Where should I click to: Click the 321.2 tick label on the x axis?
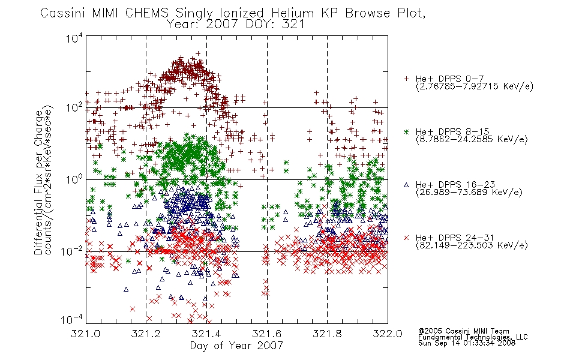[x=146, y=334]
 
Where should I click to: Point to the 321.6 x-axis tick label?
[x=267, y=334]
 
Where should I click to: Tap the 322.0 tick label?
[x=388, y=334]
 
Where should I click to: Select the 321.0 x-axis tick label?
[x=86, y=334]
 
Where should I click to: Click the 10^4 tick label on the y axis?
[x=74, y=38]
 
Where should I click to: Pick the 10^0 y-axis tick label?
[x=74, y=179]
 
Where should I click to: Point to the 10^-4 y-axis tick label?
[x=71, y=319]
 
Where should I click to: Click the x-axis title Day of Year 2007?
[x=236, y=346]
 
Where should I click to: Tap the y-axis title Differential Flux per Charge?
[x=38, y=182]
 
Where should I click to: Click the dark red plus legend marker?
[x=406, y=79]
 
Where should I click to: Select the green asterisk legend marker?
[x=406, y=131]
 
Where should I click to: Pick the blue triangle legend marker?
[x=406, y=185]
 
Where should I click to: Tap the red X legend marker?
[x=406, y=238]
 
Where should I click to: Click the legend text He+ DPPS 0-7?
[x=449, y=79]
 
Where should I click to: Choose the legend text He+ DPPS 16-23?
[x=455, y=185]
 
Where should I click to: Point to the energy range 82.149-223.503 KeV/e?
[x=472, y=245]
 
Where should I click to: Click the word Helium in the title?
[x=292, y=13]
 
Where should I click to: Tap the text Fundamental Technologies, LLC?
[x=473, y=337]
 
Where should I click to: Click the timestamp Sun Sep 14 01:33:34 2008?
[x=467, y=343]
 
